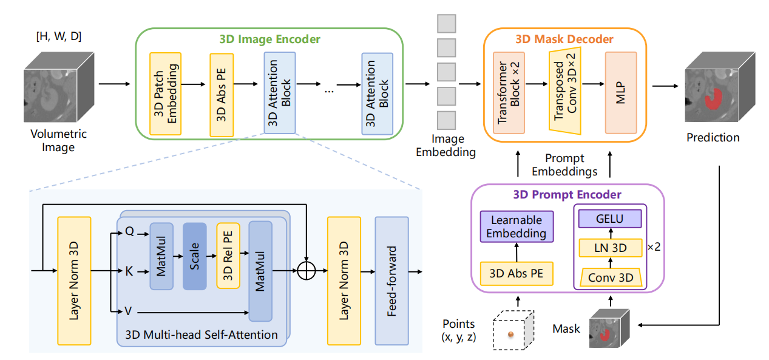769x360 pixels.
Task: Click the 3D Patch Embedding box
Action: point(166,93)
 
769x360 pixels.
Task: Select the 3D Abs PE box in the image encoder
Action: point(222,95)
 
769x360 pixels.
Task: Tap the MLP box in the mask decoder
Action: point(621,93)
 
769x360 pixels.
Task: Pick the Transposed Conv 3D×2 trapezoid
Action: point(564,91)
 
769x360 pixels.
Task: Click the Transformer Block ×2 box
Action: point(509,93)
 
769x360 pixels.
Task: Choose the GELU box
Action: point(610,219)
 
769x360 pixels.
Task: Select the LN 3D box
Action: point(611,248)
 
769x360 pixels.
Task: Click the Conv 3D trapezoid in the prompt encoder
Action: point(611,277)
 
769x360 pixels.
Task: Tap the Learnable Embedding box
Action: point(517,226)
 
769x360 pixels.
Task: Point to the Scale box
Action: point(195,256)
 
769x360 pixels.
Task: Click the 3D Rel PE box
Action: point(228,256)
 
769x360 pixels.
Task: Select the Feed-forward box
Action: point(391,280)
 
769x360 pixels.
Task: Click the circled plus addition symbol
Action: point(307,271)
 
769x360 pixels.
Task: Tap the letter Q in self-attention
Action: point(129,231)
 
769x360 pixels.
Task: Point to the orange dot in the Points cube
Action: point(511,335)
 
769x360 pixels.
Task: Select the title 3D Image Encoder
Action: point(269,39)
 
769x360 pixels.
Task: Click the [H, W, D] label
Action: point(59,36)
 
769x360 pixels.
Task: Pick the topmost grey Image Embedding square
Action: point(447,23)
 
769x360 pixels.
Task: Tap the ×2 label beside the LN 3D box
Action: point(654,247)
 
